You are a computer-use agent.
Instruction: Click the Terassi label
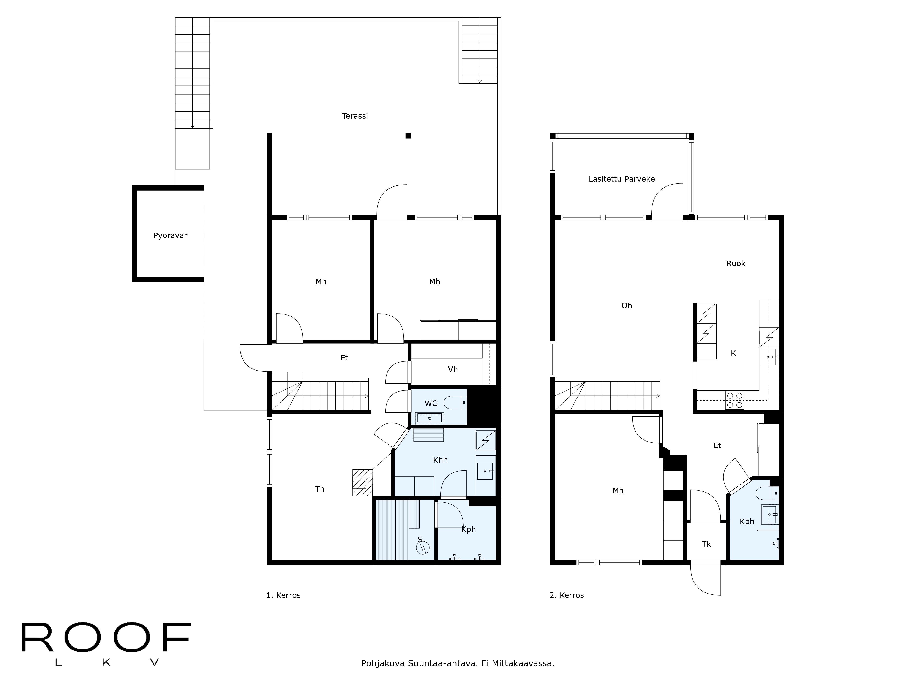point(355,116)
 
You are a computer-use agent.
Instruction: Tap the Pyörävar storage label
point(170,236)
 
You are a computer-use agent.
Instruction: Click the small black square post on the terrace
point(408,135)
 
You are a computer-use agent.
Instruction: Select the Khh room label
point(440,460)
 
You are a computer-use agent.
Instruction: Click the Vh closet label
point(453,369)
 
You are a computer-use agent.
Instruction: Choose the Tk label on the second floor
point(706,544)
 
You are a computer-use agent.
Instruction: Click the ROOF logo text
point(106,637)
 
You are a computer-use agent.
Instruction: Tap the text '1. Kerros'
point(283,595)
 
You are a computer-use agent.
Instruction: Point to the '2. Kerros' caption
point(567,595)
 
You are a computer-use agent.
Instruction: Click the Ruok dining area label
point(736,263)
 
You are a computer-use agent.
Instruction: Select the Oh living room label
point(627,306)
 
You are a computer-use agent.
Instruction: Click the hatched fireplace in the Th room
point(362,483)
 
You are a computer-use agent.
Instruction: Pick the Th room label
point(320,489)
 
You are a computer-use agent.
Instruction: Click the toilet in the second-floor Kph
point(767,493)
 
